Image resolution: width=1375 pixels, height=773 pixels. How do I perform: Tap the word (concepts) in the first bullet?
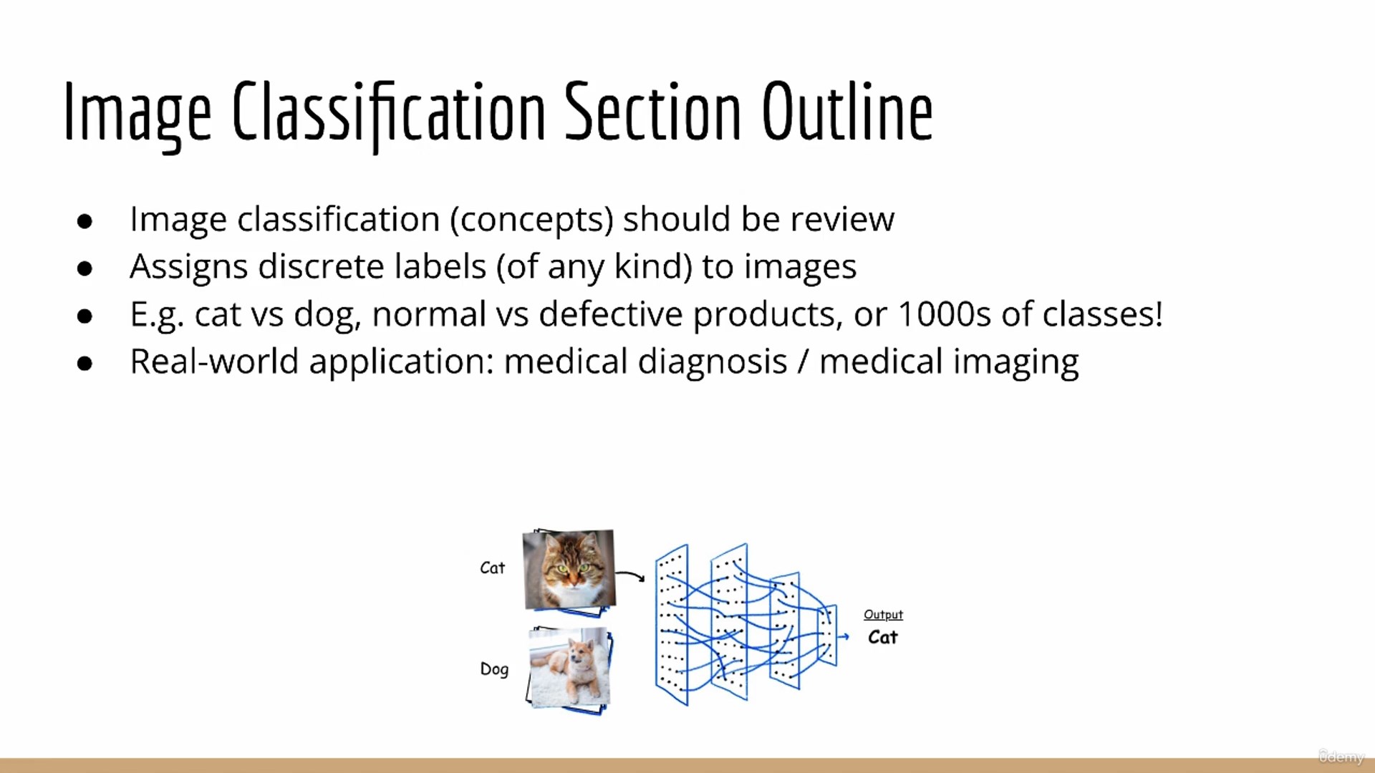(x=532, y=220)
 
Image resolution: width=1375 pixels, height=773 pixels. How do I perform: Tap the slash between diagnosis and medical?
(x=804, y=361)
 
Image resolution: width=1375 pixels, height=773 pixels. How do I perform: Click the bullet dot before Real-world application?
(x=85, y=364)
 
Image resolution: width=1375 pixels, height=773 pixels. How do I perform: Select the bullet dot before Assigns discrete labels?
(x=85, y=268)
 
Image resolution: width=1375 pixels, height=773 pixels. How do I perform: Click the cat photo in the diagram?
(x=569, y=570)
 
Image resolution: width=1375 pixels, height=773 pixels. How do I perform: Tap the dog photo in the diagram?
(x=570, y=668)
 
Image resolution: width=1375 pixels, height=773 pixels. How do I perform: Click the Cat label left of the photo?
(x=492, y=568)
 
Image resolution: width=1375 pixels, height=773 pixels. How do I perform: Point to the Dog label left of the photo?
(x=494, y=669)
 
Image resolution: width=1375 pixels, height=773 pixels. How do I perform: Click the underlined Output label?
(x=883, y=615)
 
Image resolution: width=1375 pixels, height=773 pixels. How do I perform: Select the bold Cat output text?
(x=882, y=637)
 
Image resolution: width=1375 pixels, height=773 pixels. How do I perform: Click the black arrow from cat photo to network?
(x=630, y=575)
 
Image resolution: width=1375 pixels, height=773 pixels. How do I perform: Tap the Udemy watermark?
(x=1341, y=757)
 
